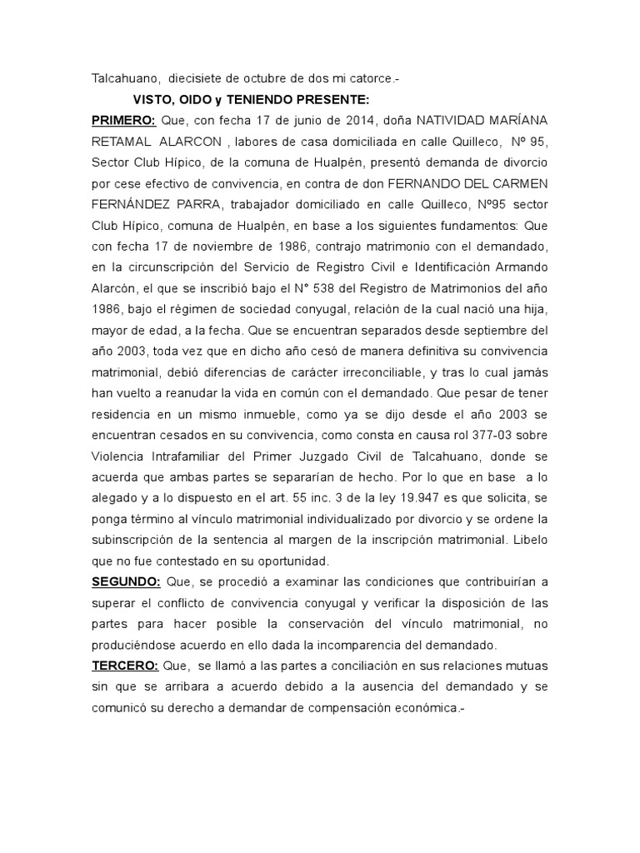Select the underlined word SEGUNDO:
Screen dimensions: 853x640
[126, 580]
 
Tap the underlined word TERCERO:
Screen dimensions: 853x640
[123, 666]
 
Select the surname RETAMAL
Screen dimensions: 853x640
[120, 142]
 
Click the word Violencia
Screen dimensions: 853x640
[122, 456]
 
